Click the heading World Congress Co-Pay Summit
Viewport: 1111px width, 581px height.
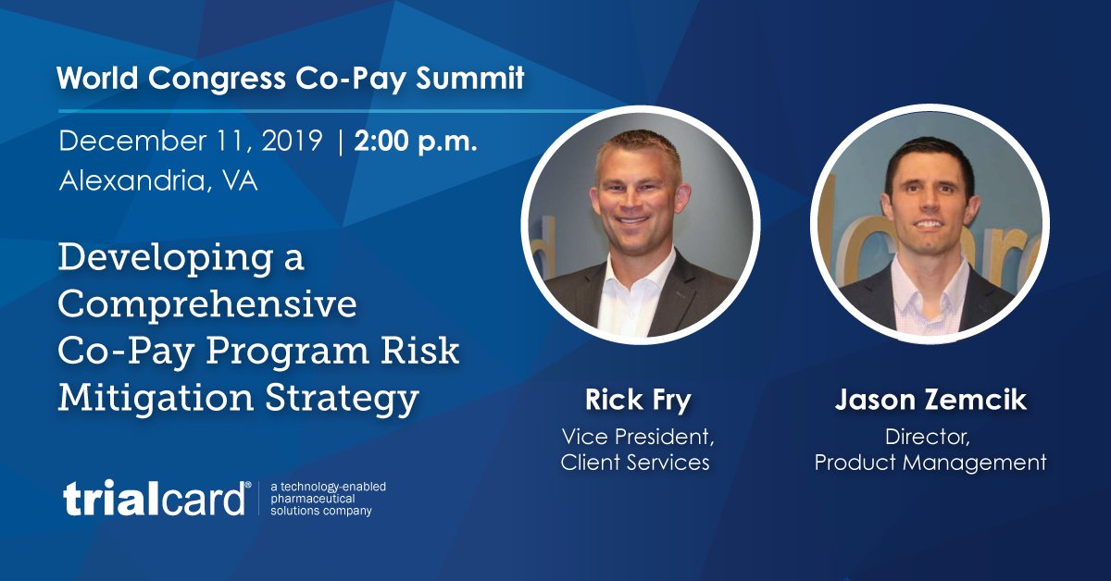point(290,78)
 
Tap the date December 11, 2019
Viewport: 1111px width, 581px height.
point(191,142)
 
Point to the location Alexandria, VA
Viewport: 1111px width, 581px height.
point(158,181)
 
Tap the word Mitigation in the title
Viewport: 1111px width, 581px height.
point(150,398)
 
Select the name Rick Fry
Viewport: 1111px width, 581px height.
point(638,401)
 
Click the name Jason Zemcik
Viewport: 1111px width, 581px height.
point(930,401)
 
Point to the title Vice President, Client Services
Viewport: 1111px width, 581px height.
point(637,448)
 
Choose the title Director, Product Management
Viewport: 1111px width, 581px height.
point(930,448)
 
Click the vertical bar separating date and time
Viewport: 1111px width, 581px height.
point(341,142)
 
